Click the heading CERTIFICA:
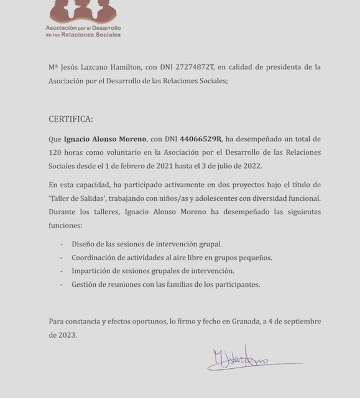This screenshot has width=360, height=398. point(70,119)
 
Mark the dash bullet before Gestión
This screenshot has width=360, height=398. point(62,284)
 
